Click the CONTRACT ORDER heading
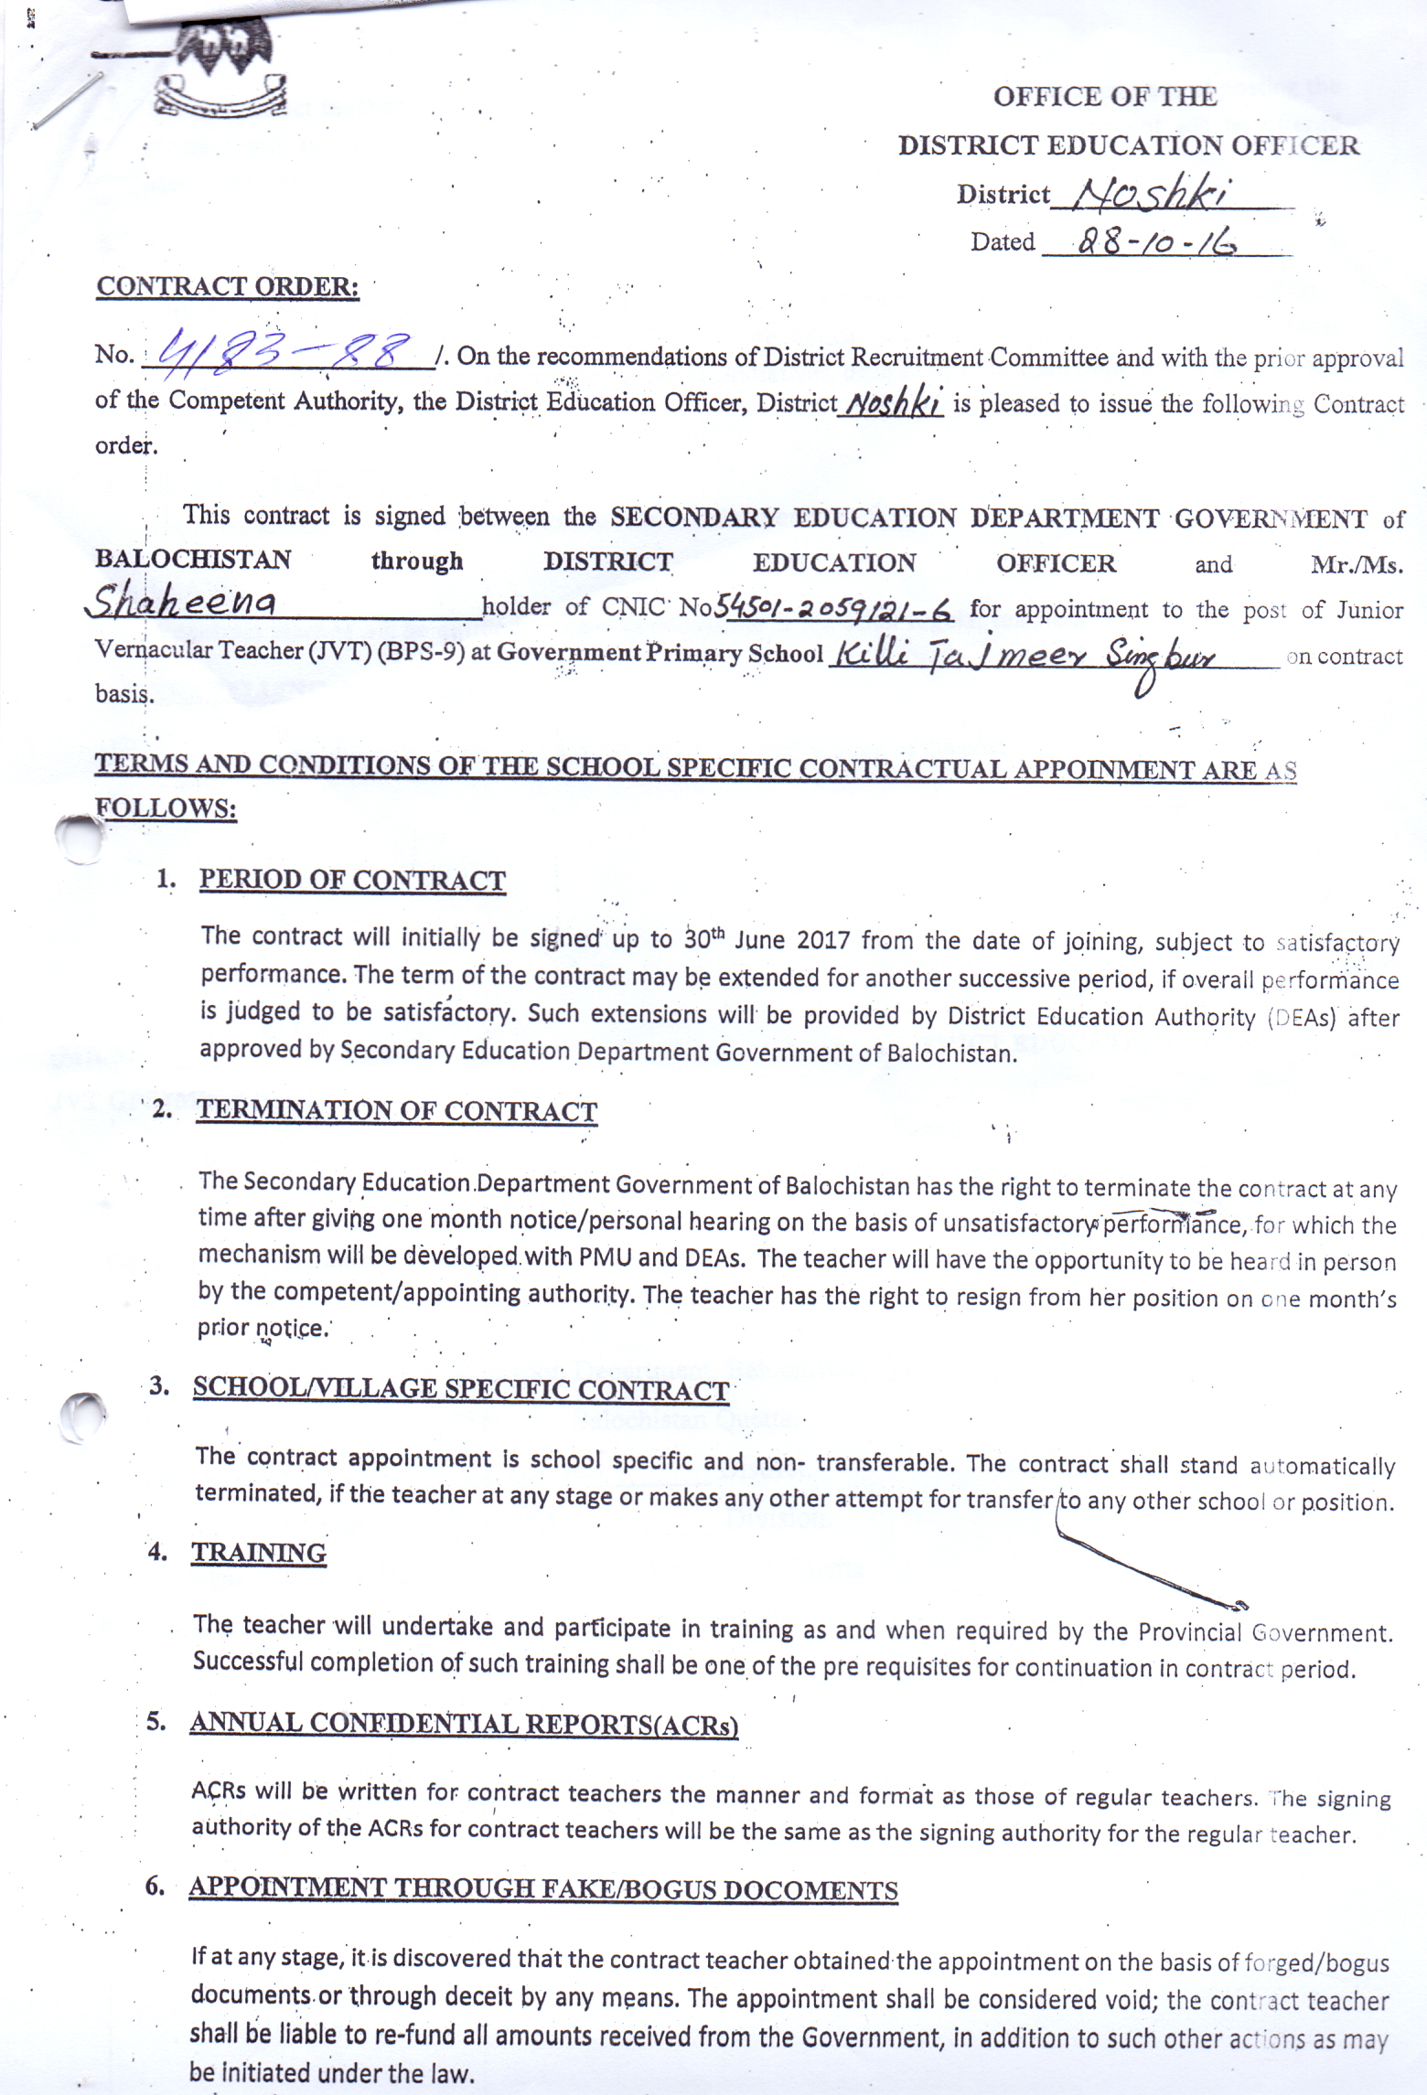click(x=228, y=286)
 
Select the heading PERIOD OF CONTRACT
click(x=352, y=880)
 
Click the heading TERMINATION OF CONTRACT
click(x=396, y=1110)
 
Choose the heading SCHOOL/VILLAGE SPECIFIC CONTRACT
click(x=460, y=1389)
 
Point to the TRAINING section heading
click(x=259, y=1553)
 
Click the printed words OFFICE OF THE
click(x=1104, y=97)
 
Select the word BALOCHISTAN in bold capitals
click(x=193, y=559)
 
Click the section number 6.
click(x=155, y=1886)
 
